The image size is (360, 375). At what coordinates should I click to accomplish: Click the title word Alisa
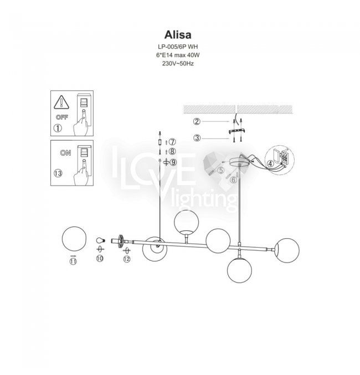178,35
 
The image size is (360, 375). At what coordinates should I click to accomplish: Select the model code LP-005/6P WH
178,47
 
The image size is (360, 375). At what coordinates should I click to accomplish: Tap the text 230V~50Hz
178,64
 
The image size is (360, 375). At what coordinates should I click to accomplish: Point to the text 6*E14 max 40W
178,55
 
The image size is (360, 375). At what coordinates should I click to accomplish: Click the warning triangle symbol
61,102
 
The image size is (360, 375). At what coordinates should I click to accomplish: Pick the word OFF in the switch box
62,117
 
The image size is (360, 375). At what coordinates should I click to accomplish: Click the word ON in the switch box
65,152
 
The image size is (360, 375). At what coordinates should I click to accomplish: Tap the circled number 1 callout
58,128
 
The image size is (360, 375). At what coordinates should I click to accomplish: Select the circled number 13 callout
58,173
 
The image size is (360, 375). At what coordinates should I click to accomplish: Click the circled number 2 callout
197,121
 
